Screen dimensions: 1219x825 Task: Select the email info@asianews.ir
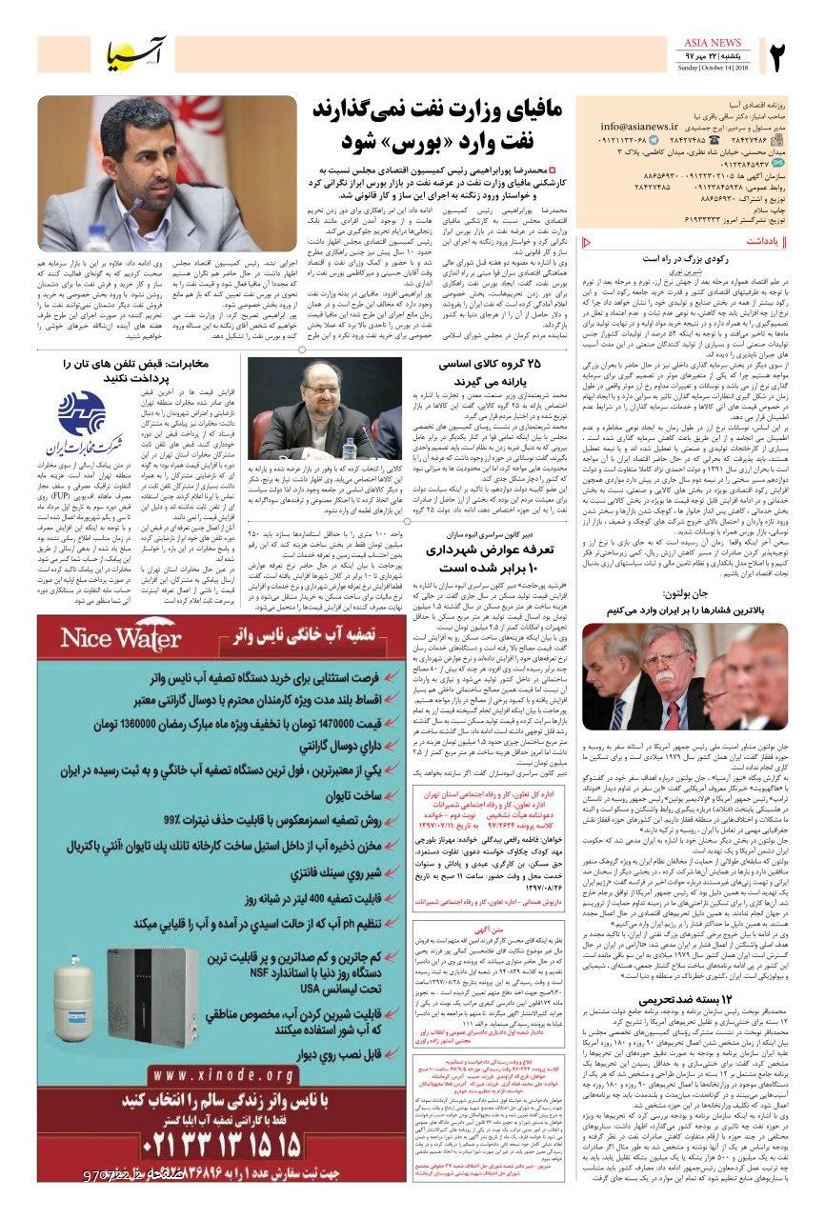(x=651, y=125)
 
